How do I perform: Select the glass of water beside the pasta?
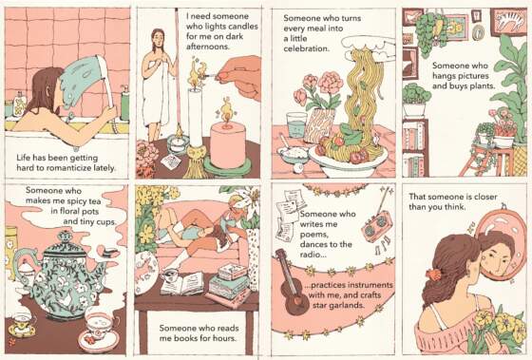tap(296, 124)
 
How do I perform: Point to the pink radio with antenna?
tap(376, 226)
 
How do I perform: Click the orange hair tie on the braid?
tap(433, 274)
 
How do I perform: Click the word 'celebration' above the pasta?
tap(306, 48)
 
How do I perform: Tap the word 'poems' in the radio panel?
tap(313, 235)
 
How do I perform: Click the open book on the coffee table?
tap(181, 284)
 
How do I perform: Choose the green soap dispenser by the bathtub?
tap(124, 103)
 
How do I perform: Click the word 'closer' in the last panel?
tap(484, 197)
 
